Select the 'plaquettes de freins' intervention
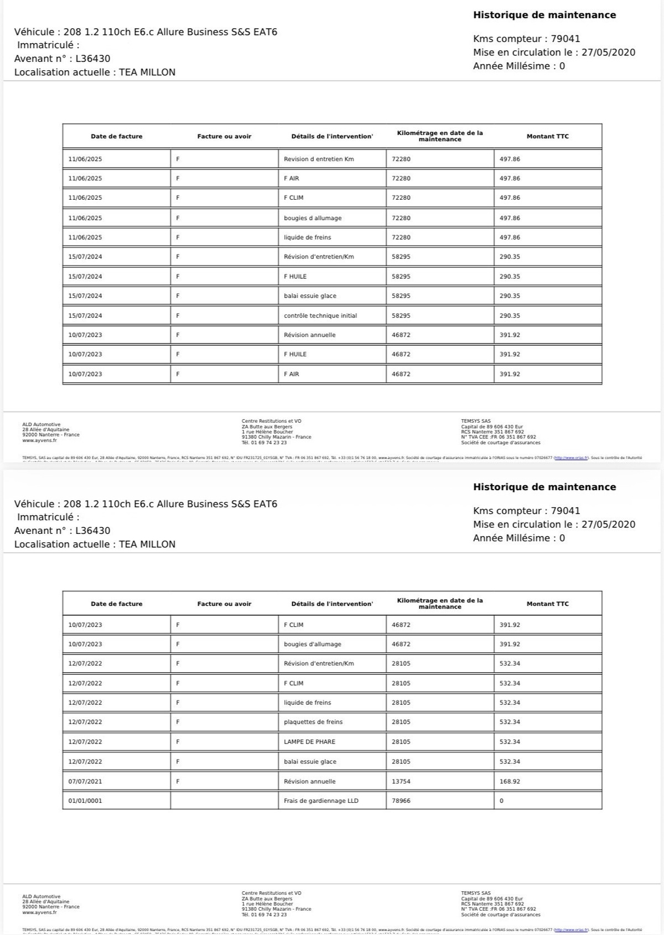pyautogui.click(x=313, y=722)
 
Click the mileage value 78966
pyautogui.click(x=401, y=801)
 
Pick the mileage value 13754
pyautogui.click(x=401, y=781)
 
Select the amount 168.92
pyautogui.click(x=510, y=781)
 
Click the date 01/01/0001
pyautogui.click(x=85, y=801)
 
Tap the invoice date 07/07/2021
pyautogui.click(x=85, y=781)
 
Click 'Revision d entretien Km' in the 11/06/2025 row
pyautogui.click(x=319, y=159)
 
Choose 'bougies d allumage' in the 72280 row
pyautogui.click(x=313, y=218)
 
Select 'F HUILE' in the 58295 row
pyautogui.click(x=295, y=277)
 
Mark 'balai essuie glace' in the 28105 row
pyautogui.click(x=310, y=762)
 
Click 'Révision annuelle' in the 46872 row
pyautogui.click(x=309, y=335)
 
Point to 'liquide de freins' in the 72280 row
pyautogui.click(x=307, y=237)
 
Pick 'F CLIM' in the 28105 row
pyautogui.click(x=293, y=683)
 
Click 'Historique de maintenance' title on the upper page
pyautogui.click(x=544, y=15)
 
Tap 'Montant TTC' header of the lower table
pyautogui.click(x=547, y=604)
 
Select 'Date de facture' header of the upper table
pyautogui.click(x=116, y=136)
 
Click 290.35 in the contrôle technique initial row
pyautogui.click(x=510, y=316)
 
